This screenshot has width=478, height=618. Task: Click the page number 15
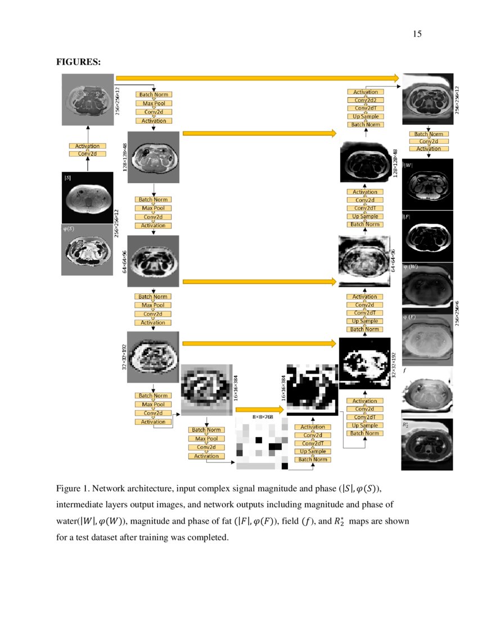click(417, 34)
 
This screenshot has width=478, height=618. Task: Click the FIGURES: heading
click(78, 62)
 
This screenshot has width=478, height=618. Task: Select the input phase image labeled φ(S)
click(87, 249)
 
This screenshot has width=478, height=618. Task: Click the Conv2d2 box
click(365, 100)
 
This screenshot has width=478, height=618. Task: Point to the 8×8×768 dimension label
click(261, 417)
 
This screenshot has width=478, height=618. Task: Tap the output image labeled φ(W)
click(426, 285)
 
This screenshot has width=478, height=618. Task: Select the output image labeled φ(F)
click(426, 337)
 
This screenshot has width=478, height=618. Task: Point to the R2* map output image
click(426, 444)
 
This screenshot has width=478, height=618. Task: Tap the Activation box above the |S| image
click(87, 146)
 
